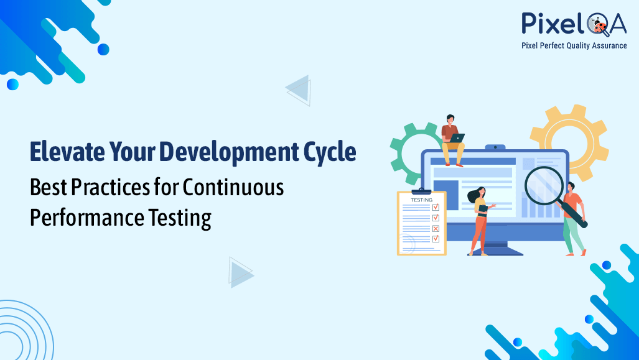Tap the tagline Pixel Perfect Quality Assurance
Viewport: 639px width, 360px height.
574,45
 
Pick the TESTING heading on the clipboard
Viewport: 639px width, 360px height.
421,200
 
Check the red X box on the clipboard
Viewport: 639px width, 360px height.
436,228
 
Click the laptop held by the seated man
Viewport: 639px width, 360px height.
457,138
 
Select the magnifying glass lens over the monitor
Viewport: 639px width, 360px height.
543,185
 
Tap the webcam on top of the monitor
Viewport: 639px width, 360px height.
495,147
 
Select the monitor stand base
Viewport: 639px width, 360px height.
495,250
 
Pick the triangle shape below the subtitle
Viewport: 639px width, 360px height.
240,272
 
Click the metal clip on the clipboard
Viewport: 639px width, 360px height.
421,191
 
